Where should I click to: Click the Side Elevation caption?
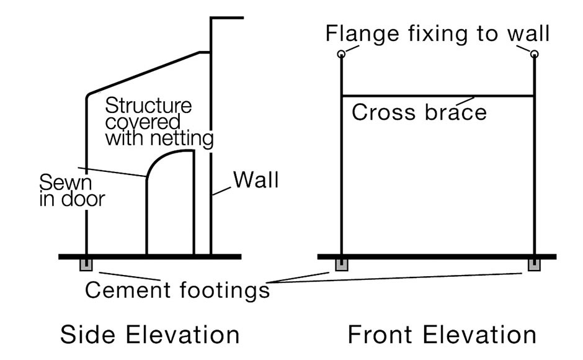(149, 335)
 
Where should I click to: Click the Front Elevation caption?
(442, 335)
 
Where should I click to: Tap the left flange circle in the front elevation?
(341, 55)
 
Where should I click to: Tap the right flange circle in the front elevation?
(535, 55)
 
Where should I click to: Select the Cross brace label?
(419, 112)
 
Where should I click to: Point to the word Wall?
(256, 180)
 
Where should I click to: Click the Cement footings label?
(177, 290)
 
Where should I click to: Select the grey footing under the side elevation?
(86, 266)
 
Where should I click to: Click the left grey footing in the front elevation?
(341, 266)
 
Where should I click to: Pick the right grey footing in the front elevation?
(534, 266)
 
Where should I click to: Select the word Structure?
(148, 104)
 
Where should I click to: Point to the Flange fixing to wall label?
(438, 32)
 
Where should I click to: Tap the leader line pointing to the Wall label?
(222, 189)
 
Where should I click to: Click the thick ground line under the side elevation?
(149, 256)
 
